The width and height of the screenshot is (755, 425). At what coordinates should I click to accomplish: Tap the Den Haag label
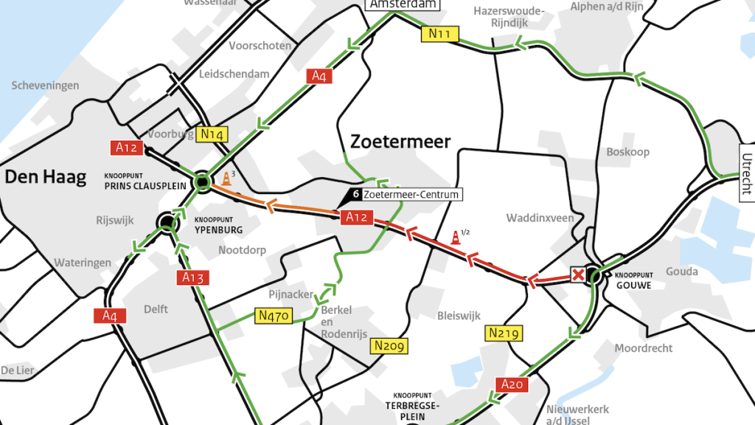[42, 176]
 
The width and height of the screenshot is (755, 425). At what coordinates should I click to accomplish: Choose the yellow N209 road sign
[390, 345]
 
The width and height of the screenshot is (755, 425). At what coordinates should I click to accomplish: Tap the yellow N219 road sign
[504, 334]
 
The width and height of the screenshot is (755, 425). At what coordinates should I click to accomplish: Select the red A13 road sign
[192, 277]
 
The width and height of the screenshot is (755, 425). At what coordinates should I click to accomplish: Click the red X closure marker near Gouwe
[579, 276]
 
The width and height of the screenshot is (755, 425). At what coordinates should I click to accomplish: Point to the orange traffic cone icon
[226, 179]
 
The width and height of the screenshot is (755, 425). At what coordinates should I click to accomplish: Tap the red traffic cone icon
[456, 238]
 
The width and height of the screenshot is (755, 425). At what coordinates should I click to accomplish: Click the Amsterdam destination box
[403, 4]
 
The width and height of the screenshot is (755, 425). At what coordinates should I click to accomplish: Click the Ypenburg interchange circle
[167, 221]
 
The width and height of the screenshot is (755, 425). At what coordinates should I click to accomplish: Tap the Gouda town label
[681, 272]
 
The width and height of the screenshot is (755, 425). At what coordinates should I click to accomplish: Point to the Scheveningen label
[45, 86]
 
